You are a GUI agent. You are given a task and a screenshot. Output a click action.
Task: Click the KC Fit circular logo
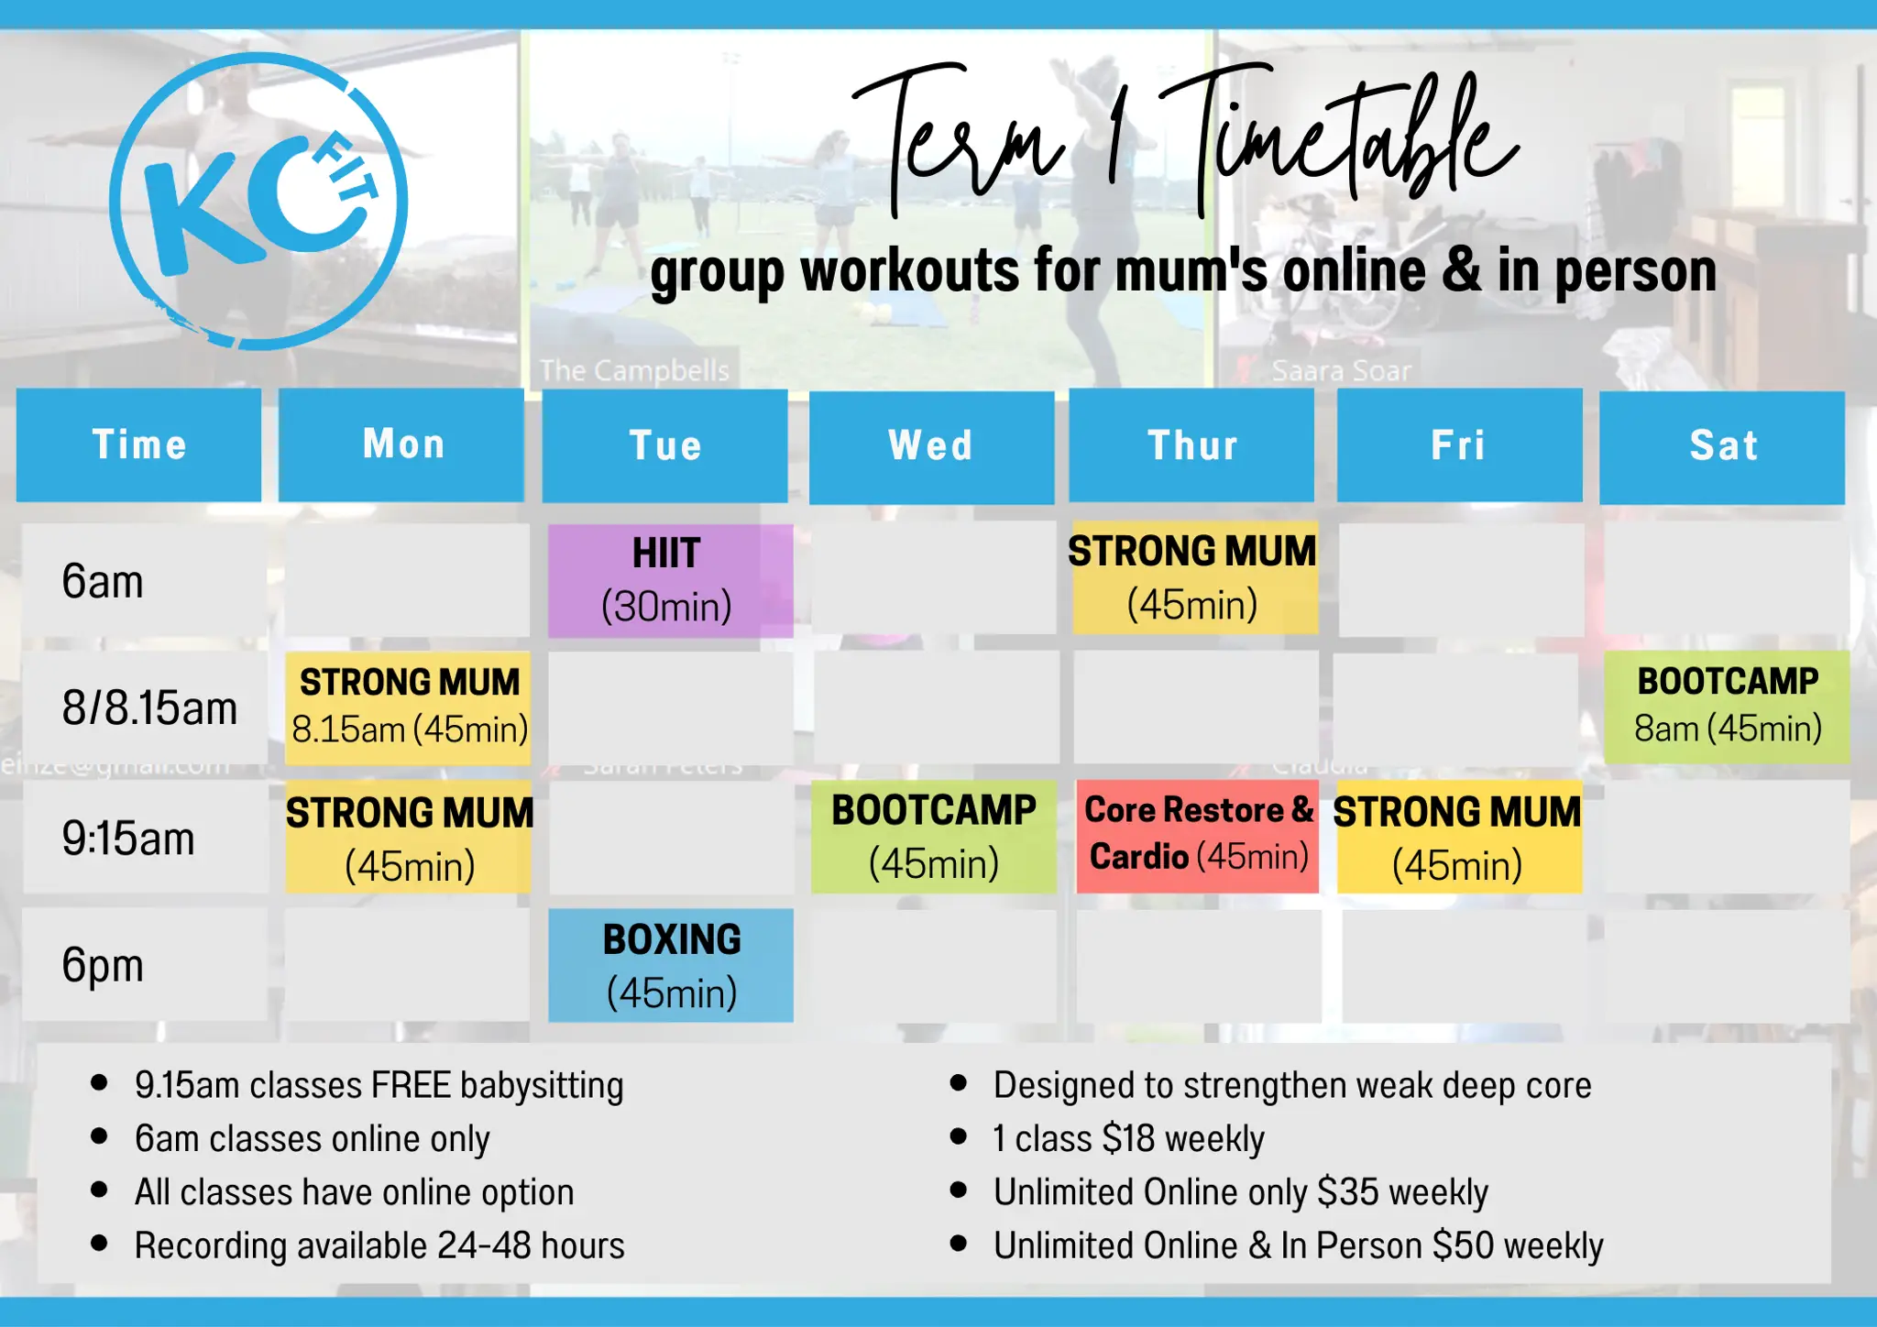coord(258,202)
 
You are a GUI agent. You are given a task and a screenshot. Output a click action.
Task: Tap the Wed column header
coord(931,447)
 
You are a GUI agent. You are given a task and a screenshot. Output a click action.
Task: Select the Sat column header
coord(1722,447)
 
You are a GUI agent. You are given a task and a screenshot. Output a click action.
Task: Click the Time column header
coord(138,445)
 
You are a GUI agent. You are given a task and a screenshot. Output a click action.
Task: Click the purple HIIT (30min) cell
coord(671,580)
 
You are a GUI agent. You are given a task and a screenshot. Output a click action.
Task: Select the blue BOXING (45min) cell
coord(671,965)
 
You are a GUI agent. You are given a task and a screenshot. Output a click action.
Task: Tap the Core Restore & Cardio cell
coord(1198,836)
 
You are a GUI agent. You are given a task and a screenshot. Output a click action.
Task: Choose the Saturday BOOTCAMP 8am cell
coord(1728,707)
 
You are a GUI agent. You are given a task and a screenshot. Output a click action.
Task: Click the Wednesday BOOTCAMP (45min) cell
coord(934,836)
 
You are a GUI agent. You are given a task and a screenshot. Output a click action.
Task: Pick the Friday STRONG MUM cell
coord(1459,836)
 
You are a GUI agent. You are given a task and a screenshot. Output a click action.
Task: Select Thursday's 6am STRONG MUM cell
coord(1195,578)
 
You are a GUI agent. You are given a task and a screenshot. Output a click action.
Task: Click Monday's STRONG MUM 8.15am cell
coord(408,707)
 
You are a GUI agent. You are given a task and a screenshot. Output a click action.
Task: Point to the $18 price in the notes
coord(1128,1138)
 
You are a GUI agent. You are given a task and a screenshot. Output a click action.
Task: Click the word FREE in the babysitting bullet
coord(412,1085)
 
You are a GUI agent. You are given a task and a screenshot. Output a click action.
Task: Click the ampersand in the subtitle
coord(1461,271)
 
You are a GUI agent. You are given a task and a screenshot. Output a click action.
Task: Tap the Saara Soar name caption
coord(1341,371)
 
